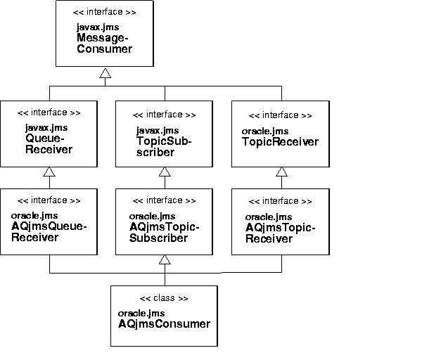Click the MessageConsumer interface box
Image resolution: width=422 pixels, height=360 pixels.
tap(105, 34)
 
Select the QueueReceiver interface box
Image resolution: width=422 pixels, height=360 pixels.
tap(49, 134)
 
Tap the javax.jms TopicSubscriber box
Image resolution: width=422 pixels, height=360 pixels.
tap(164, 134)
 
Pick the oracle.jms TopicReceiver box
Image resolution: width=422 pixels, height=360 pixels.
tap(281, 134)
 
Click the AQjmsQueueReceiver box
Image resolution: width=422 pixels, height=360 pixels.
tap(49, 221)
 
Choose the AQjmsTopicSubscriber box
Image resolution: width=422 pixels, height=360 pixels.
tap(164, 221)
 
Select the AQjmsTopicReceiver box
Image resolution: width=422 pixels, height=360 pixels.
tap(281, 221)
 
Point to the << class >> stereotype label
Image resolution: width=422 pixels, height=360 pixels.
tap(164, 298)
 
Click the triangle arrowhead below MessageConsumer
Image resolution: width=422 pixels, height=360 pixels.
tap(105, 73)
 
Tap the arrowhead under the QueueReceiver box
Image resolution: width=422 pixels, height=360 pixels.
tap(49, 172)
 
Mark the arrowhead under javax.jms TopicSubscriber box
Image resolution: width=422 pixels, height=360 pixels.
tap(164, 172)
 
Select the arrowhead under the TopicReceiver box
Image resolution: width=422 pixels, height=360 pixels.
tap(281, 172)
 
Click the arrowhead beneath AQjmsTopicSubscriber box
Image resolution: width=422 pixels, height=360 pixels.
tap(164, 260)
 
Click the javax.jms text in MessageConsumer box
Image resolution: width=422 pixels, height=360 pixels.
tap(94, 27)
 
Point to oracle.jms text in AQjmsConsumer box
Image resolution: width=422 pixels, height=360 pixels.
tap(141, 312)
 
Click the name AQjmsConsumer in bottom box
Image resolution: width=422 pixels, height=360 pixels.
tap(164, 323)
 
